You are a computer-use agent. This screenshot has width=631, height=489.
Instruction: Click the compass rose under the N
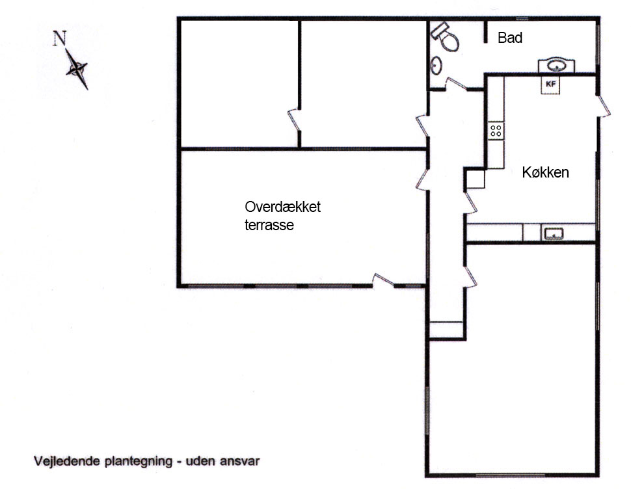click(x=77, y=68)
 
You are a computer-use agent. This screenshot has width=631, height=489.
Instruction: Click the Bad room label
click(x=510, y=38)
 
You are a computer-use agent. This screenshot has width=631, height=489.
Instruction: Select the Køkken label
click(x=545, y=173)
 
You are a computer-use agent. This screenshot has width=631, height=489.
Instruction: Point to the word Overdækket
click(x=283, y=207)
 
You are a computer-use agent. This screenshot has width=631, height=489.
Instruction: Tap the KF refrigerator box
click(x=551, y=84)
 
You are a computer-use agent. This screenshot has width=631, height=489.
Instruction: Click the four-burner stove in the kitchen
click(x=496, y=130)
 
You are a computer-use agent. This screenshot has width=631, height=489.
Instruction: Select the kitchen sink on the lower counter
click(x=554, y=233)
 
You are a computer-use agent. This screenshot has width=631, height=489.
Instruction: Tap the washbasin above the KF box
click(x=556, y=65)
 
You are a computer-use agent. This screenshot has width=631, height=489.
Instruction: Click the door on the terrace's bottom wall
click(x=384, y=281)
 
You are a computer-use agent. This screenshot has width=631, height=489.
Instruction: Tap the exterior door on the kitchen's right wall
click(x=604, y=105)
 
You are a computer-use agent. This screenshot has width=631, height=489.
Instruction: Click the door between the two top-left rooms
click(x=294, y=120)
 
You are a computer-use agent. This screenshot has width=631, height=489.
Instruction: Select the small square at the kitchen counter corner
click(x=475, y=179)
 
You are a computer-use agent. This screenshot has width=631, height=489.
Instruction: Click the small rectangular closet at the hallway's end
click(x=446, y=329)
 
